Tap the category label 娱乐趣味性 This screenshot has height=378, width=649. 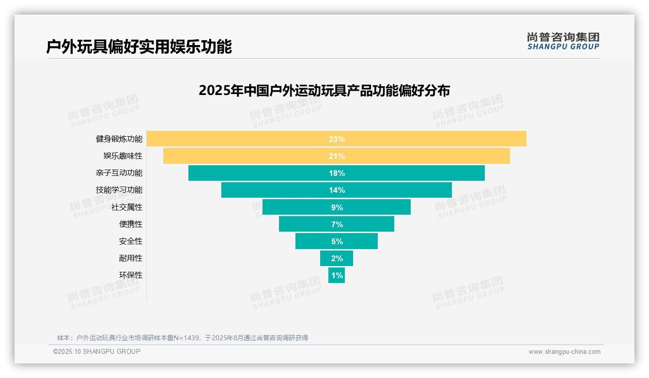pyautogui.click(x=123, y=156)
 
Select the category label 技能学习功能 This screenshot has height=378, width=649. pyautogui.click(x=119, y=190)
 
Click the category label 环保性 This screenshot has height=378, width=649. pyautogui.click(x=131, y=275)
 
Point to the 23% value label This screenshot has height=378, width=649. pyautogui.click(x=337, y=139)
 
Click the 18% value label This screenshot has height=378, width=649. pyautogui.click(x=337, y=173)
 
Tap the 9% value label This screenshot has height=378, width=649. pyautogui.click(x=337, y=207)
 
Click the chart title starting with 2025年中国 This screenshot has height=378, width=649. pyautogui.click(x=324, y=91)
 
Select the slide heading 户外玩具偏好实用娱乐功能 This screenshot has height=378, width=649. pyautogui.click(x=139, y=47)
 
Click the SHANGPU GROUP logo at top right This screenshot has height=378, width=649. pyautogui.click(x=563, y=41)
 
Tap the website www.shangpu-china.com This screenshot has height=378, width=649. pyautogui.click(x=564, y=352)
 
